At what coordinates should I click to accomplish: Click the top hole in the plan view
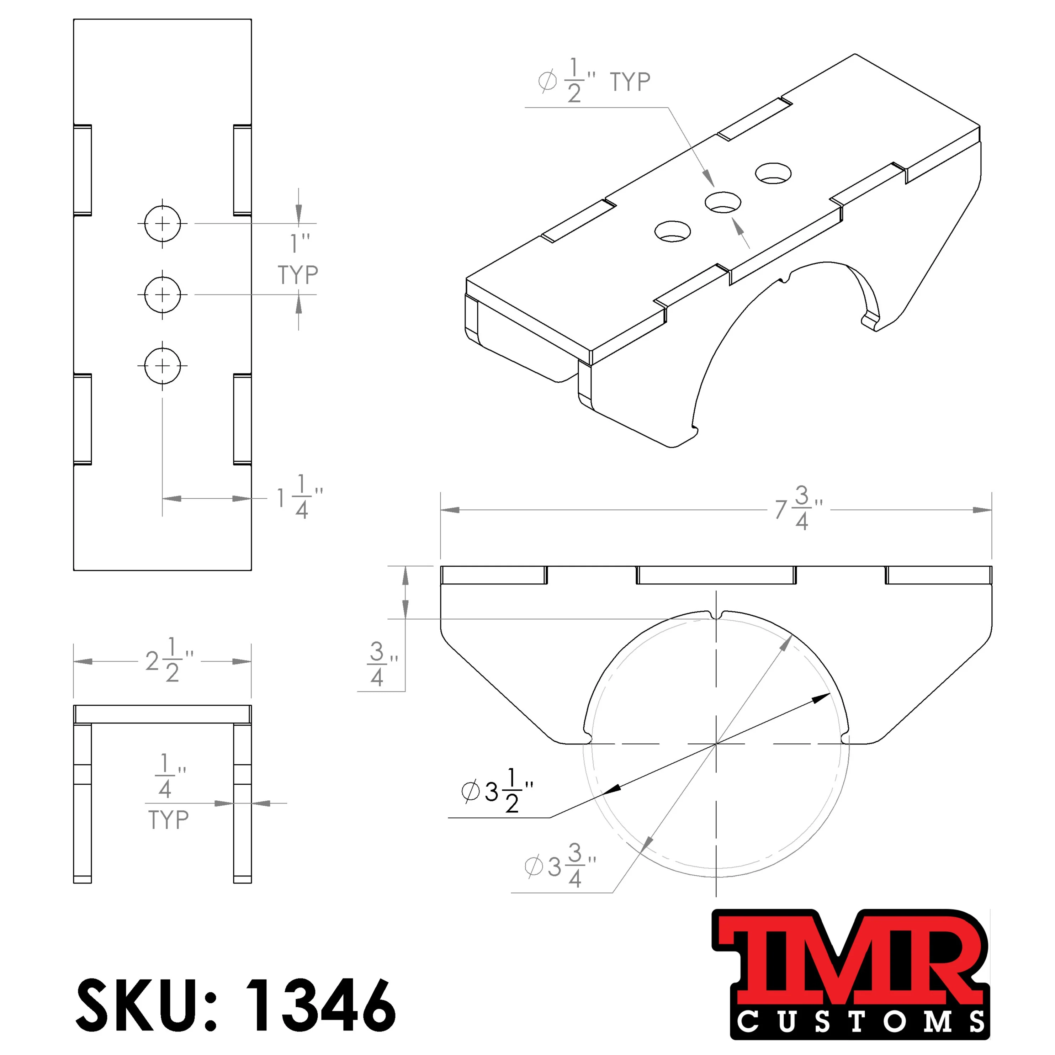click(x=162, y=223)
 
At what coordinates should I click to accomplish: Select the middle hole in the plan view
click(x=162, y=295)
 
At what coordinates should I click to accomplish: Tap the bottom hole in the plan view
click(x=162, y=366)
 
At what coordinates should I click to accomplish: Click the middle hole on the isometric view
click(x=722, y=203)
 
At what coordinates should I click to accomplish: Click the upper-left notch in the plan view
click(x=83, y=170)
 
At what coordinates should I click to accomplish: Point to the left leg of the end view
click(x=83, y=803)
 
